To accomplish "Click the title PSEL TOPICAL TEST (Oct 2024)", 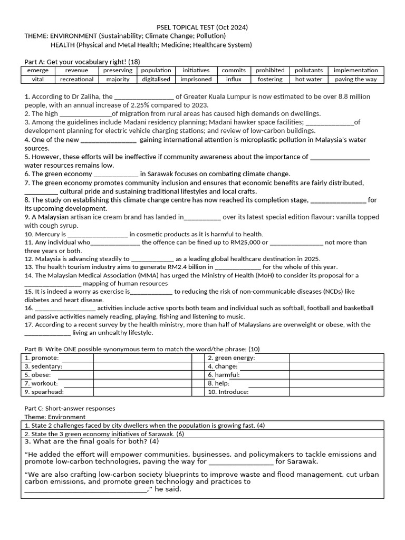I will coord(202,27).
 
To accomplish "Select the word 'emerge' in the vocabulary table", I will coord(37,71).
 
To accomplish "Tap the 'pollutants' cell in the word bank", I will coord(308,71).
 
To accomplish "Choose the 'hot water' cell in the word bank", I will coord(308,80).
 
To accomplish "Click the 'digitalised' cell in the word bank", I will coord(156,80).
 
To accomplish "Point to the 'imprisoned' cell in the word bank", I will coord(196,80).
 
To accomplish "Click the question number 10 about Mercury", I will coord(29,234).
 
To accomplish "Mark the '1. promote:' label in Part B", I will coord(42,358).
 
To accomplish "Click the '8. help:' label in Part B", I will coord(218,383).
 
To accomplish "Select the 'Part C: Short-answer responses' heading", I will coord(70,408).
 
